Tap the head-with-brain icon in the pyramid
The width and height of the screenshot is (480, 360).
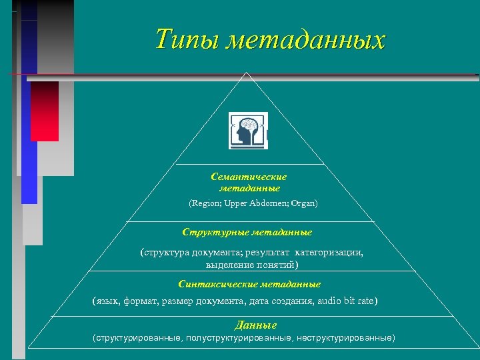coord(249,130)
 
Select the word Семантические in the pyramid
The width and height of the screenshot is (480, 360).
coord(249,177)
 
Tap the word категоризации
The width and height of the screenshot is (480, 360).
coord(329,253)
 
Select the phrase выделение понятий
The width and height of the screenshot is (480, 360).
coord(248,265)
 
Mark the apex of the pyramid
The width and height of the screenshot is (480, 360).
coord(247,74)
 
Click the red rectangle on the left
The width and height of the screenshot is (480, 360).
coord(45,111)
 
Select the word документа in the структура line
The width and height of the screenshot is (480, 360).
coord(215,253)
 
